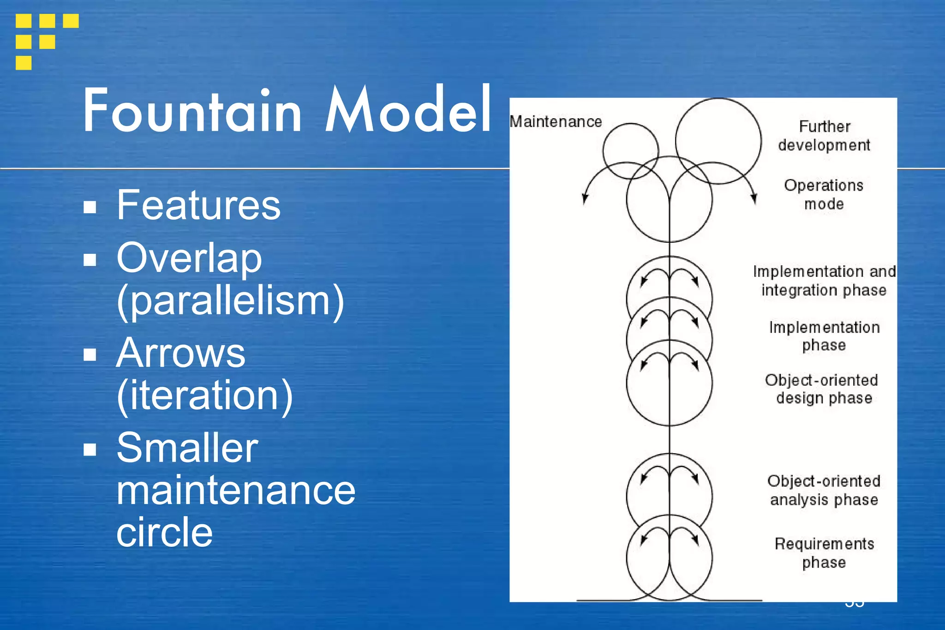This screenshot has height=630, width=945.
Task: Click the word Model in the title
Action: (x=408, y=111)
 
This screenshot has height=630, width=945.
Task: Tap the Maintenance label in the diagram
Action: (x=556, y=122)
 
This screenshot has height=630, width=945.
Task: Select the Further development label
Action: (x=824, y=136)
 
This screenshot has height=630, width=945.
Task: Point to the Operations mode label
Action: (x=824, y=194)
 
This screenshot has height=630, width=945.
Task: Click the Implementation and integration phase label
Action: (x=824, y=281)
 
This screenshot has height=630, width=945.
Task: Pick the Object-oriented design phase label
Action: (x=822, y=389)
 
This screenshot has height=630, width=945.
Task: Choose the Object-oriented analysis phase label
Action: (x=824, y=490)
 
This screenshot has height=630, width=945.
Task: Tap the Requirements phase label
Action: (x=824, y=553)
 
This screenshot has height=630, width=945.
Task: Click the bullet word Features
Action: (x=198, y=205)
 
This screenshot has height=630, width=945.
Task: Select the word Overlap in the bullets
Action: (x=189, y=258)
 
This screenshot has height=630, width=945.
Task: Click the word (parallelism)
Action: (x=230, y=301)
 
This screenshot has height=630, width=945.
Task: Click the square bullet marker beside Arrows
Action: (x=90, y=354)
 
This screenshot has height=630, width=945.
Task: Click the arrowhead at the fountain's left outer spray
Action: (x=585, y=199)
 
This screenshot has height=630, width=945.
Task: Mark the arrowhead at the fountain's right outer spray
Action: (x=754, y=199)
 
